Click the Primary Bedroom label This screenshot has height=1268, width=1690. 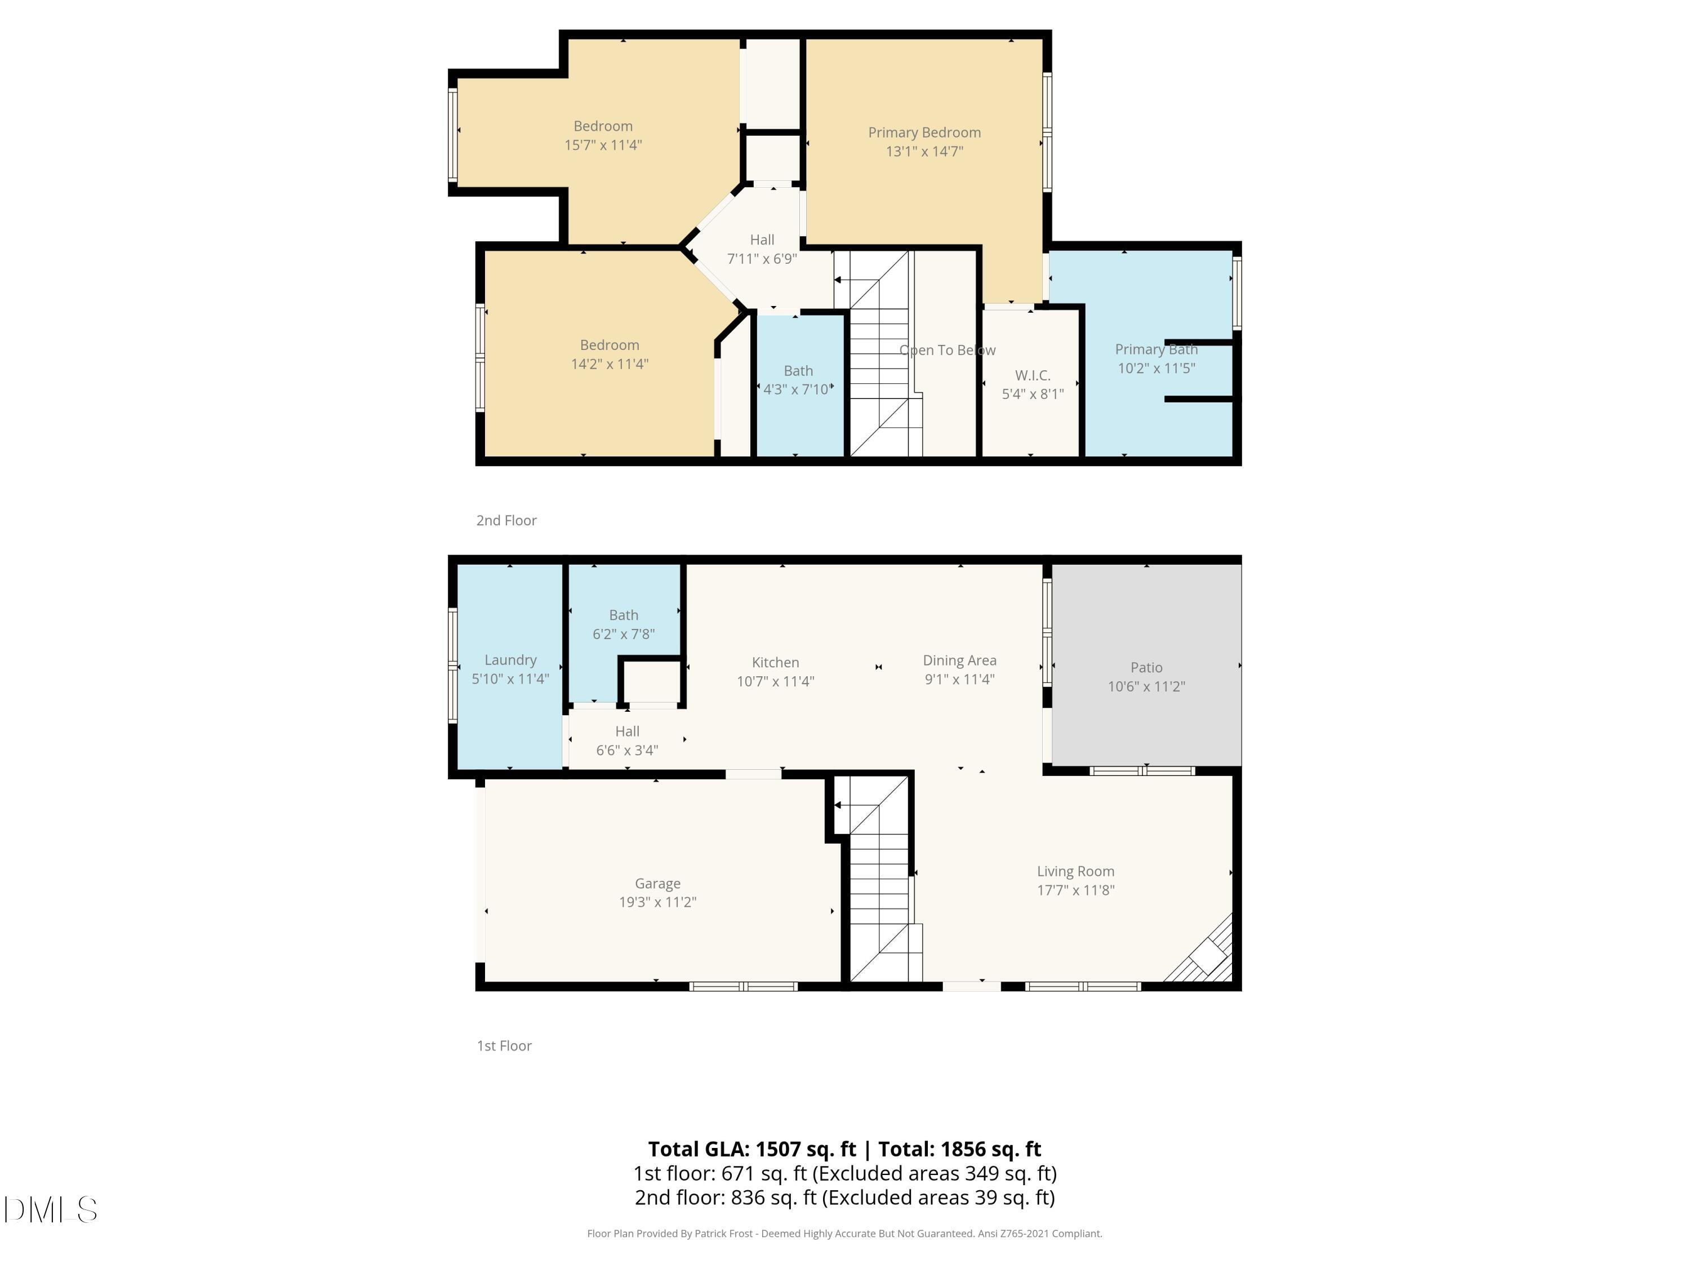[x=924, y=132]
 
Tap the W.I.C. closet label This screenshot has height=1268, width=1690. [x=1032, y=375]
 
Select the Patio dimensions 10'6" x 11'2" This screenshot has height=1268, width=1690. [x=1146, y=686]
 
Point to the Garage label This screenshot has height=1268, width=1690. [x=657, y=884]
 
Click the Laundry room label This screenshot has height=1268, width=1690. [x=510, y=659]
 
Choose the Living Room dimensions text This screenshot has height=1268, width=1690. [x=1075, y=890]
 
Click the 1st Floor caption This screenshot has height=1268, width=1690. [x=504, y=1045]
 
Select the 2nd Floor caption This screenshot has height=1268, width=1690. [x=506, y=521]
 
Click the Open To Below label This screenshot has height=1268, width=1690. [x=948, y=350]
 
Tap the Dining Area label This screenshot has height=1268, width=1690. [x=959, y=660]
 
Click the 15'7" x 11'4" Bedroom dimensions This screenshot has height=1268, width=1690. [x=603, y=145]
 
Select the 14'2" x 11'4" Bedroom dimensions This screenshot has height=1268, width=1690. [x=609, y=365]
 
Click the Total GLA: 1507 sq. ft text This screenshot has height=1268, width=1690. [x=752, y=1149]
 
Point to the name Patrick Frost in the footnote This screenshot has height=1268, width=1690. [x=723, y=1234]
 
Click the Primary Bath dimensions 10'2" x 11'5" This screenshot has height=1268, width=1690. [x=1156, y=369]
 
